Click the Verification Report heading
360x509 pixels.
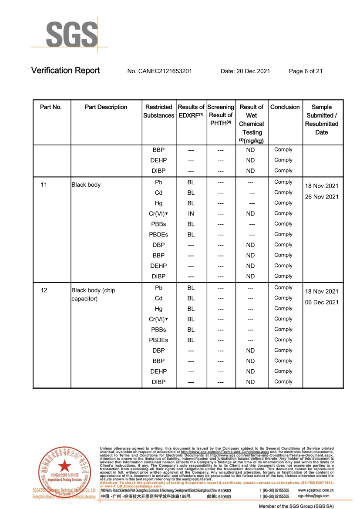(65, 71)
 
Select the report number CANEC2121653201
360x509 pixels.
(159, 71)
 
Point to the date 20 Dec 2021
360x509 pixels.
(245, 71)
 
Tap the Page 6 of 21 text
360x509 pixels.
(306, 71)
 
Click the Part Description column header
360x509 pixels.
(106, 107)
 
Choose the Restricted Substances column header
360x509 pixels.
(158, 111)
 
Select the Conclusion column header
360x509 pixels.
(285, 107)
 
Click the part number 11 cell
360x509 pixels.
(44, 185)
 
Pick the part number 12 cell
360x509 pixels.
(44, 290)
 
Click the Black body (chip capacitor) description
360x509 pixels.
(93, 294)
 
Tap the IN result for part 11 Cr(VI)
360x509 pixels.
(191, 213)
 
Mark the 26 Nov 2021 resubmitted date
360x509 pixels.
(321, 197)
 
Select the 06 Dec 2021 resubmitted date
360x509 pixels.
(321, 302)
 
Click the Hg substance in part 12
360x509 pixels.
(158, 309)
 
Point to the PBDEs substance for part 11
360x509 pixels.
(158, 234)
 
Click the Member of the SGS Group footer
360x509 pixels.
(296, 506)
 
